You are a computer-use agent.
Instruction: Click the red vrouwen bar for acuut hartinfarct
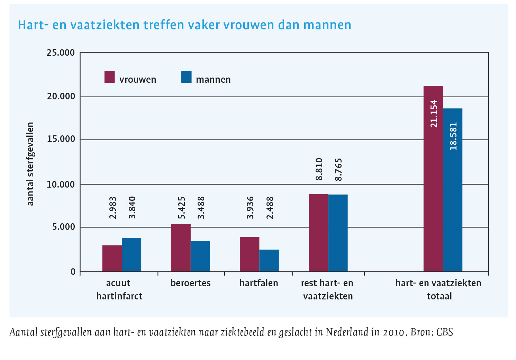[112, 258]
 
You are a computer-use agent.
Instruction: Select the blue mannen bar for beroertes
[200, 256]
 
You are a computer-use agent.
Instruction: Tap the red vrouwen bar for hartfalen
[250, 254]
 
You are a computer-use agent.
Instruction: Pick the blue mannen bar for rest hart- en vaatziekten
[338, 233]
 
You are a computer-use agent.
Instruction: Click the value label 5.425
[182, 208]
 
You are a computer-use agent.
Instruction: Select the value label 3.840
[132, 208]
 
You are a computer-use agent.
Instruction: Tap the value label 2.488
[270, 208]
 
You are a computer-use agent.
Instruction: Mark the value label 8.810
[319, 169]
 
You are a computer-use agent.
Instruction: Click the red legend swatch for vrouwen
[109, 77]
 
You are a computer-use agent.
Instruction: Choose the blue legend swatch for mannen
[186, 77]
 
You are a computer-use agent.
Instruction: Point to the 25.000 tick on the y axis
[61, 53]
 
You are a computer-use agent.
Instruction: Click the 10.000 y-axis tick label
[61, 184]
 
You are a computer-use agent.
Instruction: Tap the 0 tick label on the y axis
[73, 272]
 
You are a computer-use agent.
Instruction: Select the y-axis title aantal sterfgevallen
[30, 164]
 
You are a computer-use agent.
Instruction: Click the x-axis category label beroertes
[190, 283]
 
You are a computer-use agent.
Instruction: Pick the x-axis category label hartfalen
[259, 283]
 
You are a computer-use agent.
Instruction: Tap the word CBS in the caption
[444, 332]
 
